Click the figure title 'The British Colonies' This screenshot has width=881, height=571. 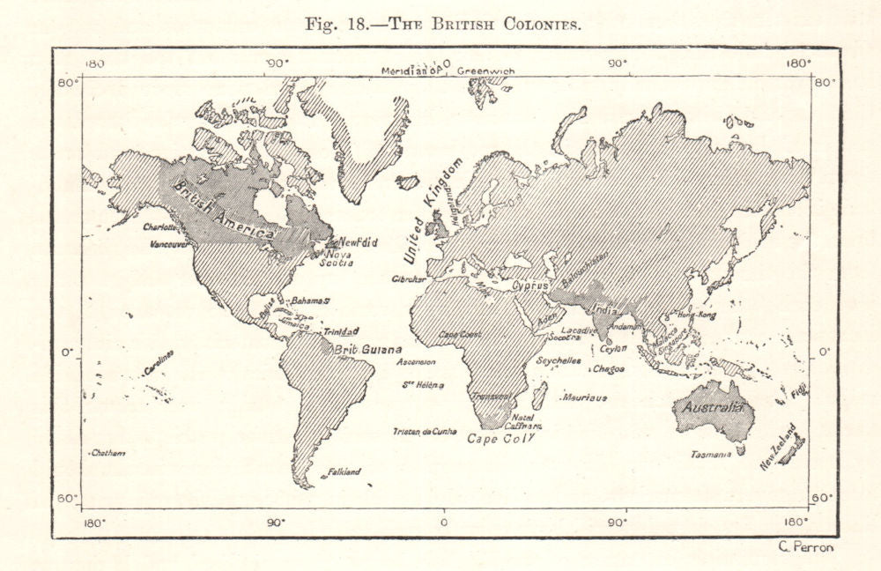[x=441, y=24]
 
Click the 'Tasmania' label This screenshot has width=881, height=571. [x=711, y=455]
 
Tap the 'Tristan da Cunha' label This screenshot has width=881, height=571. [x=425, y=431]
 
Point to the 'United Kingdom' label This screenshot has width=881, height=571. [x=433, y=211]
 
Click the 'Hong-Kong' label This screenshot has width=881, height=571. [x=696, y=315]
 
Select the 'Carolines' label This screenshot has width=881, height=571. [x=159, y=362]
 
